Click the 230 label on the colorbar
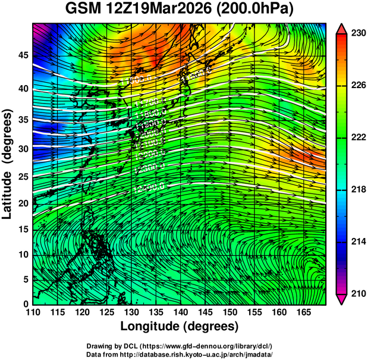357,34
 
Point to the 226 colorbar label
357,86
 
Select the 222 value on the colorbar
357,137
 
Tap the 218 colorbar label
357,189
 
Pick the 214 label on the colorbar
357,241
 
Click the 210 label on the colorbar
357,293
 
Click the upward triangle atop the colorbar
341,29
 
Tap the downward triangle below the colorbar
341,299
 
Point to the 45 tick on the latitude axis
23,55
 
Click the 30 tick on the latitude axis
23,149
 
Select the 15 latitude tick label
23,229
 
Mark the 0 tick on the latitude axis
26,303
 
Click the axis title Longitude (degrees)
180,326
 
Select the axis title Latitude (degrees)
8,164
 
